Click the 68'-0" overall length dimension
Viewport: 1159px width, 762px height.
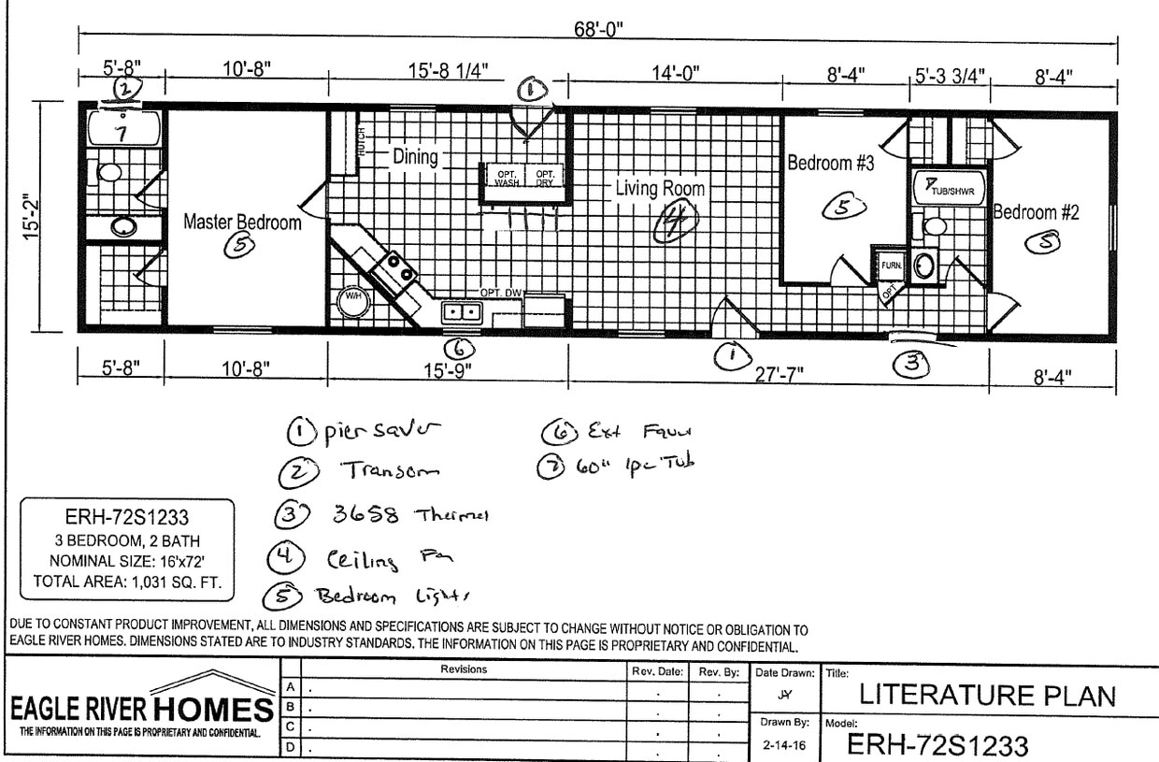tap(599, 29)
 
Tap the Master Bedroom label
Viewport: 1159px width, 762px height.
tap(242, 223)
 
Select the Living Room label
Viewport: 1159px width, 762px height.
tap(659, 189)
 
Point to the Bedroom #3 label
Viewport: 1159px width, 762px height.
tap(830, 164)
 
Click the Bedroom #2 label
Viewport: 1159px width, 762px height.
tap(1036, 212)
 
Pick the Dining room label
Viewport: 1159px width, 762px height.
tap(414, 157)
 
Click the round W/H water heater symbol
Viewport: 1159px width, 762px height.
tap(354, 297)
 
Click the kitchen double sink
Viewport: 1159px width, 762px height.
tap(461, 312)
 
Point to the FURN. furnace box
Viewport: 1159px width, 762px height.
tap(891, 266)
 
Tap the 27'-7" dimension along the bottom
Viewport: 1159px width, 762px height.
tap(779, 375)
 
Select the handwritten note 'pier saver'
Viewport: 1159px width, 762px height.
tap(379, 432)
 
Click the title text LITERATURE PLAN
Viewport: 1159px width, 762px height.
tap(987, 696)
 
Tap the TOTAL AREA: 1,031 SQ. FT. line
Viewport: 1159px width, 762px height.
tap(127, 581)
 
